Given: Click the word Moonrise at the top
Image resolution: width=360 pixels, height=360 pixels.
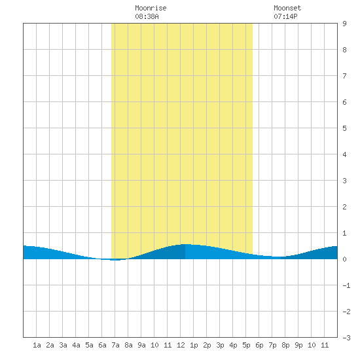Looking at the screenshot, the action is tap(151, 8).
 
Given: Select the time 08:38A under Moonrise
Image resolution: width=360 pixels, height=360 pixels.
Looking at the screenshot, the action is tap(147, 16).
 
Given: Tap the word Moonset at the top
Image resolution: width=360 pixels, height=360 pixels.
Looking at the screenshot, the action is tap(287, 8).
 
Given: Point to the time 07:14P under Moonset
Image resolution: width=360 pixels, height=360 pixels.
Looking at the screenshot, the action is tap(285, 16).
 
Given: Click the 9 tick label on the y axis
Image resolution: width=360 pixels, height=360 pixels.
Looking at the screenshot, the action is tap(344, 24).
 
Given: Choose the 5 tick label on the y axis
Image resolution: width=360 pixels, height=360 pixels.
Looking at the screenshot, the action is tap(344, 128).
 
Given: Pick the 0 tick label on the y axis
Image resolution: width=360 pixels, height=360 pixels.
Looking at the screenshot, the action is tap(344, 259).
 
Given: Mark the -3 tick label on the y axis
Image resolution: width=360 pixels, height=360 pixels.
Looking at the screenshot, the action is tap(346, 338).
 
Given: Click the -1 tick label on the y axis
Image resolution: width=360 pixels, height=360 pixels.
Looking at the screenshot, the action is tap(346, 285).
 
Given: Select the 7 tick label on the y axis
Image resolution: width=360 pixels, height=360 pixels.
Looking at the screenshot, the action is tap(344, 76).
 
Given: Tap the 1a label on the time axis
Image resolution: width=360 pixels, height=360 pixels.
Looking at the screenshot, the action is tap(37, 345).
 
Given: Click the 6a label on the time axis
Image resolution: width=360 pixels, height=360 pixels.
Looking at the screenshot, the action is tap(102, 345).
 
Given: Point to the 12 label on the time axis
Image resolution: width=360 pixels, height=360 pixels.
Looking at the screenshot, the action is tap(181, 345).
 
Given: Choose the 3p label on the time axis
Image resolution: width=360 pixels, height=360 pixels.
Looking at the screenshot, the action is tap(220, 345).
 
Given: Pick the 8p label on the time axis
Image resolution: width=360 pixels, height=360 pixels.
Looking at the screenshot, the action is tap(285, 345).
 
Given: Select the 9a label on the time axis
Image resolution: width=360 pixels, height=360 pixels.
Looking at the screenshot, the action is tap(141, 345).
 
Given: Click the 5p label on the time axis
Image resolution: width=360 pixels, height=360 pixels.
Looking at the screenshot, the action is tap(246, 345).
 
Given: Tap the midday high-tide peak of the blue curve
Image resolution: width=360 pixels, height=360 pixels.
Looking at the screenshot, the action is tap(185, 244).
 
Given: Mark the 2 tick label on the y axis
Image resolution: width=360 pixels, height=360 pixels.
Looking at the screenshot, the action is tap(344, 207).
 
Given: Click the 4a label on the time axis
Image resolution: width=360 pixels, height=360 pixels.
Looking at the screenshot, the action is tap(76, 345).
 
